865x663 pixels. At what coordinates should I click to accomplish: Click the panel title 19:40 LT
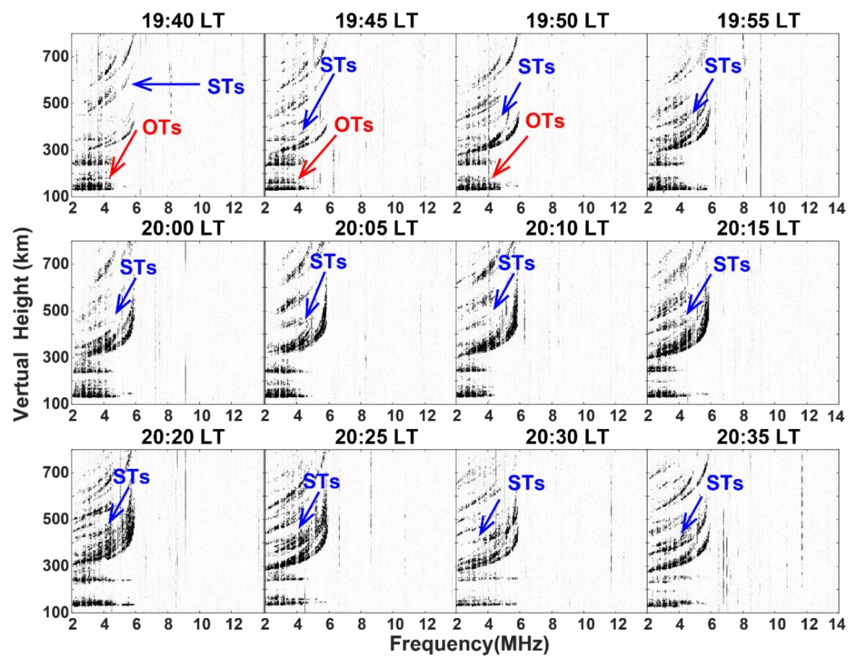pyautogui.click(x=183, y=20)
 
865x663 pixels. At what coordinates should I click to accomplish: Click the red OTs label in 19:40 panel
pyautogui.click(x=162, y=127)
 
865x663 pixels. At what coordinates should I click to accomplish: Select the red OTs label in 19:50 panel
pyautogui.click(x=545, y=121)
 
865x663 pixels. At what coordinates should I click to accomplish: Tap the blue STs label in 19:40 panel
pyautogui.click(x=226, y=86)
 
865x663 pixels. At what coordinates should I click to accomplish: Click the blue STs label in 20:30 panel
pyautogui.click(x=526, y=483)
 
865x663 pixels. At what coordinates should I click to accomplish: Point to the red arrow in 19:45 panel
pyautogui.click(x=317, y=157)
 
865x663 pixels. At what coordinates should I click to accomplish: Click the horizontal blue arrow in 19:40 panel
pyautogui.click(x=166, y=84)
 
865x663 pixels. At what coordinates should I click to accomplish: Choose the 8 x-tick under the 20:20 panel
pyautogui.click(x=168, y=624)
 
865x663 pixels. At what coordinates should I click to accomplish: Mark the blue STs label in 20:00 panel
pyautogui.click(x=138, y=268)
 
